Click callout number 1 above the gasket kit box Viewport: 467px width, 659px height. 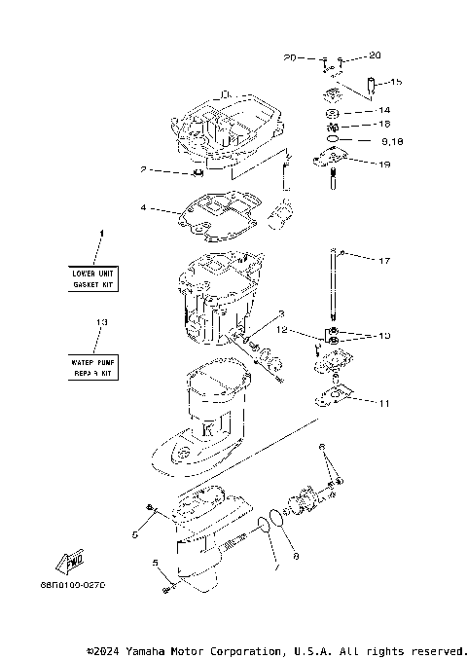point(97,234)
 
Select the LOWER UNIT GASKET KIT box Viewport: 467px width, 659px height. point(93,279)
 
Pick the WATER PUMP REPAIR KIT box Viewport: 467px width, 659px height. point(93,366)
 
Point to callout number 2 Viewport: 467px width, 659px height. point(144,170)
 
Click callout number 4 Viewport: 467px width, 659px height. point(144,207)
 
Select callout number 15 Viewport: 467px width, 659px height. point(396,82)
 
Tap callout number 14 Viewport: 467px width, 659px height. point(383,110)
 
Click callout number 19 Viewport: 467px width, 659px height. point(385,165)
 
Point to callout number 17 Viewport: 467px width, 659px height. point(383,261)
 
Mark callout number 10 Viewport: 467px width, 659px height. point(383,335)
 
